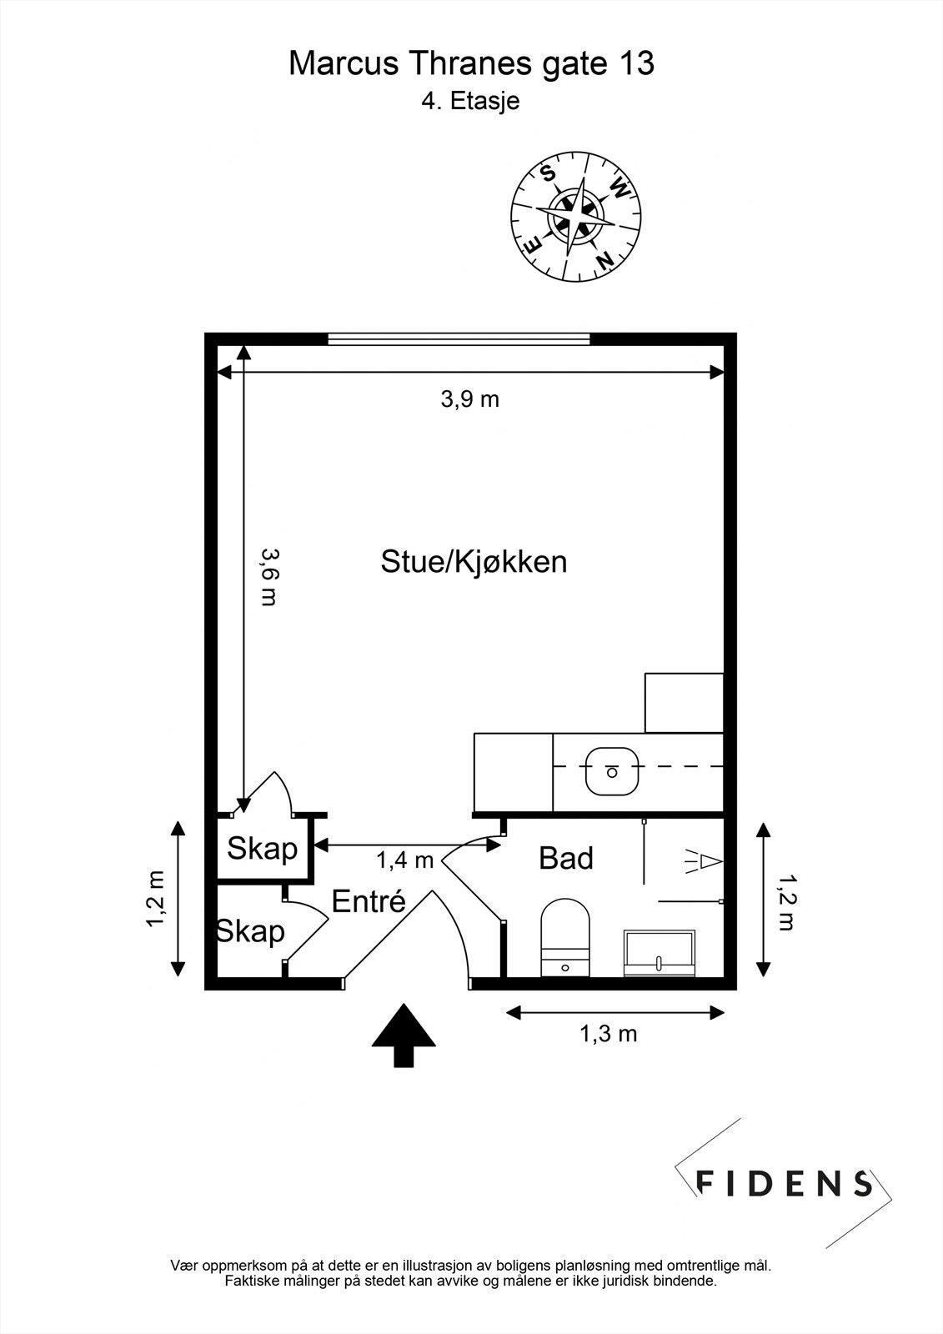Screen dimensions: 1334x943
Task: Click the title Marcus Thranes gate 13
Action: click(x=471, y=63)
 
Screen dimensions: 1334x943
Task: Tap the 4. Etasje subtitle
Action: click(x=471, y=102)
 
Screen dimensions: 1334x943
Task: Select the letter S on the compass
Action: click(x=548, y=173)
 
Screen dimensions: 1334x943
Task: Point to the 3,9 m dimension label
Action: click(x=469, y=399)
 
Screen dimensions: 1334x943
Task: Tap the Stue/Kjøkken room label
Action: click(x=474, y=561)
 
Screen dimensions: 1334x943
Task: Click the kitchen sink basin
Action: click(x=612, y=771)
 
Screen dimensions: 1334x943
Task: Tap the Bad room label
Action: click(x=566, y=858)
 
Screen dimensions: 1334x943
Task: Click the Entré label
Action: click(x=369, y=901)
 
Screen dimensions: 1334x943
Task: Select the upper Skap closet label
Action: click(x=263, y=849)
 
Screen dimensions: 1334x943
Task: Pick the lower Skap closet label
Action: click(x=251, y=930)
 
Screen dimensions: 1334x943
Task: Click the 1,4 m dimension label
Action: click(x=404, y=860)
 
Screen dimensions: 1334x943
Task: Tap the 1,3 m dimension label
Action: click(x=608, y=1034)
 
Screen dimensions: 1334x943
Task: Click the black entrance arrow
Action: click(x=404, y=1034)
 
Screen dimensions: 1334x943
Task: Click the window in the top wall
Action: click(x=459, y=339)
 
